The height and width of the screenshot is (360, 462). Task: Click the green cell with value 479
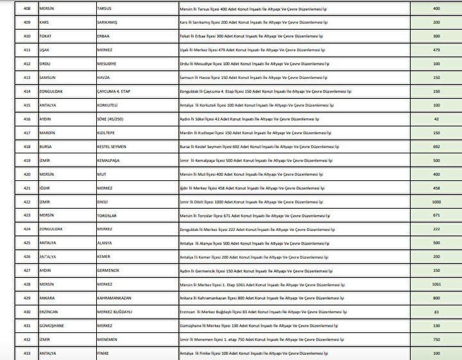[436, 50]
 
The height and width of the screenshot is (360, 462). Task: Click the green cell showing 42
[436, 119]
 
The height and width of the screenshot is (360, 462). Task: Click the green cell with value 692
[436, 146]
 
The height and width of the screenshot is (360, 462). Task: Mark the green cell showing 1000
[436, 201]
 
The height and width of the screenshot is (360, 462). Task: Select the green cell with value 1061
[436, 284]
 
